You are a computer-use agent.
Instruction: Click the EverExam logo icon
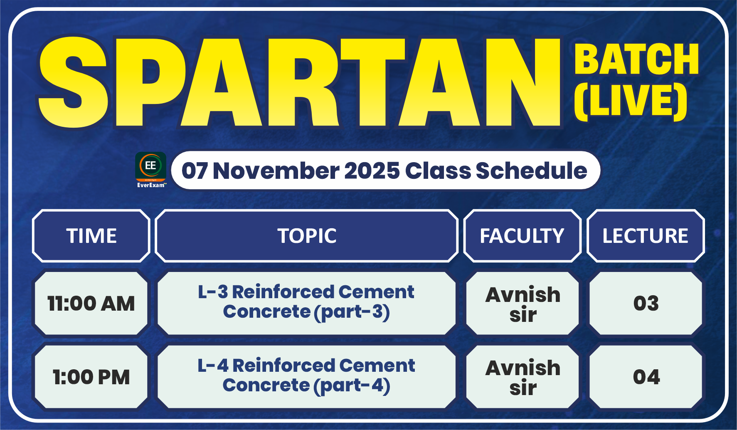pyautogui.click(x=150, y=170)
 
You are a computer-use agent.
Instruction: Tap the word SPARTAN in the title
pyautogui.click(x=299, y=82)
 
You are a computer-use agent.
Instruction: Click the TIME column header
pyautogui.click(x=91, y=236)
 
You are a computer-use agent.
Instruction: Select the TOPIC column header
pyautogui.click(x=307, y=236)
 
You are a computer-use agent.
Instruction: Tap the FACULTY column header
pyautogui.click(x=522, y=236)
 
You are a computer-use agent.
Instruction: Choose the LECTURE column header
pyautogui.click(x=646, y=236)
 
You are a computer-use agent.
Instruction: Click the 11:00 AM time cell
pyautogui.click(x=91, y=303)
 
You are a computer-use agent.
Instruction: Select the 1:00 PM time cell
pyautogui.click(x=91, y=377)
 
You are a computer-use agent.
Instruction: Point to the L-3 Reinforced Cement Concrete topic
pyautogui.click(x=306, y=302)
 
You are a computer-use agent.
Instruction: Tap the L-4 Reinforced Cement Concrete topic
pyautogui.click(x=306, y=376)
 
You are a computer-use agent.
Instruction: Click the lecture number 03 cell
pyautogui.click(x=646, y=303)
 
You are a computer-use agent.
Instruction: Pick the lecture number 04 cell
pyautogui.click(x=646, y=377)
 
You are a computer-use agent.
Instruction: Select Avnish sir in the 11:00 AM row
pyautogui.click(x=523, y=304)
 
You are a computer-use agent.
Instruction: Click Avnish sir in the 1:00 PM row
pyautogui.click(x=523, y=378)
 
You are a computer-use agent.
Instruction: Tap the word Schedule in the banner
pyautogui.click(x=532, y=171)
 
